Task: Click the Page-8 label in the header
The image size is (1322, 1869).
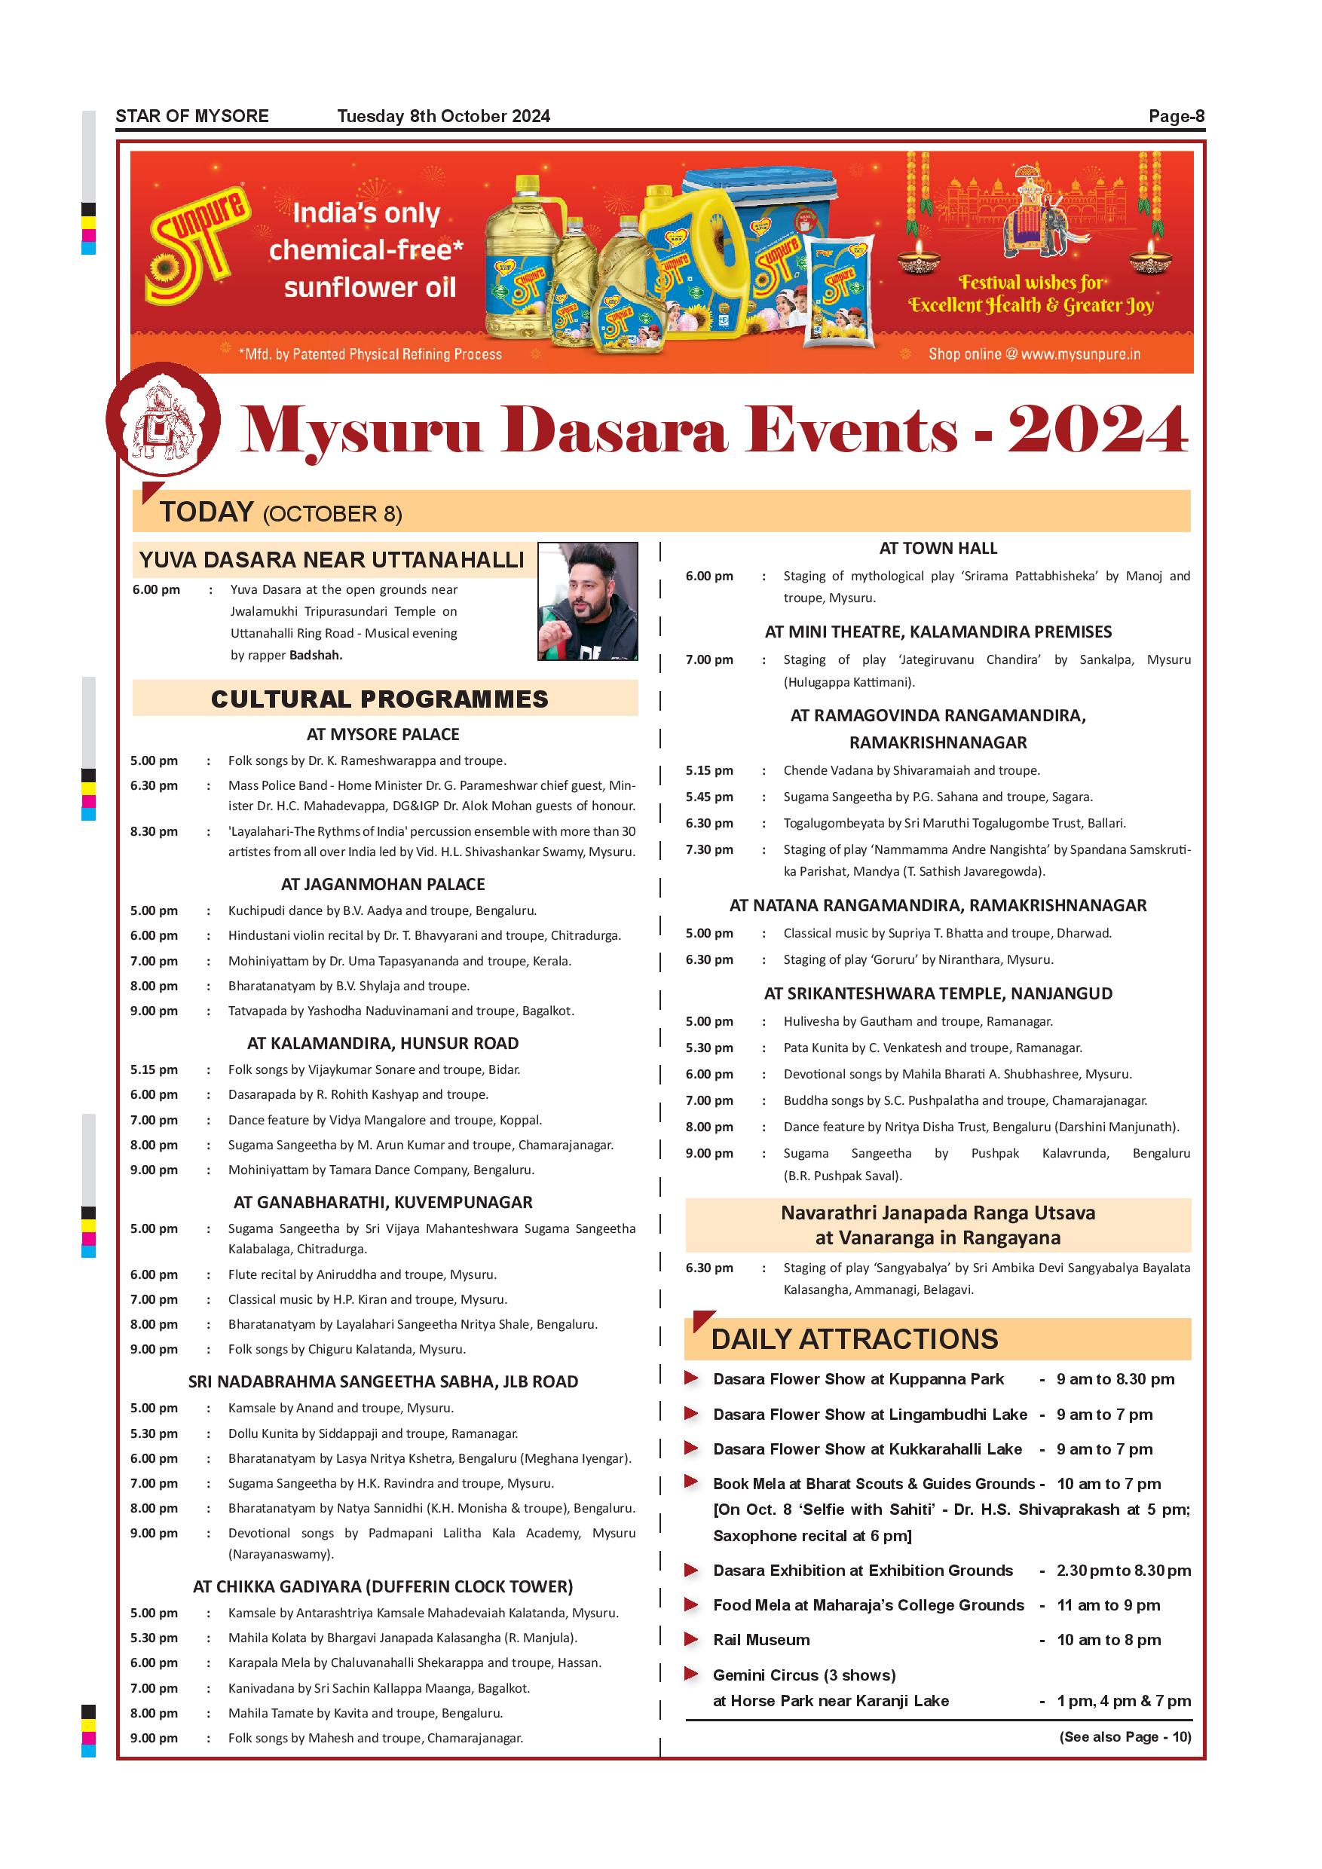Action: point(1176,116)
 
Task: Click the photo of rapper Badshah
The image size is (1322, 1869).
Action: point(587,601)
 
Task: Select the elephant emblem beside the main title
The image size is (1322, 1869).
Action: point(163,418)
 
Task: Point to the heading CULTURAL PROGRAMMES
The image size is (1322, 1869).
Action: point(379,699)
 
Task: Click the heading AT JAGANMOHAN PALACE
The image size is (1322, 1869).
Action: point(383,884)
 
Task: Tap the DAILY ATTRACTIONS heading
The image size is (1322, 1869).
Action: point(854,1339)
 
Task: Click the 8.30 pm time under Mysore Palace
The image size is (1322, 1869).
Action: point(154,831)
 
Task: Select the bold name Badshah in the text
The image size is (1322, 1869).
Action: point(316,656)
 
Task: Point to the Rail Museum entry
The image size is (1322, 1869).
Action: point(761,1639)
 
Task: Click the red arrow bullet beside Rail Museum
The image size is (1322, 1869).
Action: point(691,1638)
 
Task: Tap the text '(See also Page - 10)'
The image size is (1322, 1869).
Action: point(1125,1736)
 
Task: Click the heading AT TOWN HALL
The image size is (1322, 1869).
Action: point(938,549)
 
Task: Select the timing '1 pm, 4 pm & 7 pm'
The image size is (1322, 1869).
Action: point(1123,1700)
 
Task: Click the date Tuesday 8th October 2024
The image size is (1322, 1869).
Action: point(444,116)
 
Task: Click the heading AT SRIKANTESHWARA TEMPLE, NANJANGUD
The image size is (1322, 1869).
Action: point(938,993)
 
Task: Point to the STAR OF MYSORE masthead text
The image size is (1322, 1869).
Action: point(192,116)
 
